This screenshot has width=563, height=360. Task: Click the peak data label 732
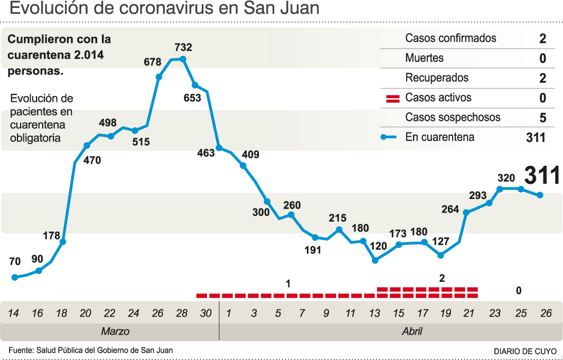183,48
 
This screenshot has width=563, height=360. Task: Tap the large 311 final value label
542,175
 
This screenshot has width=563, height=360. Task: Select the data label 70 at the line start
15,261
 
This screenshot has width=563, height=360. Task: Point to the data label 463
206,153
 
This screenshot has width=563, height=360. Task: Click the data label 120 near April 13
378,246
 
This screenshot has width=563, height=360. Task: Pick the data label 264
451,209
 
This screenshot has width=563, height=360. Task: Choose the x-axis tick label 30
206,314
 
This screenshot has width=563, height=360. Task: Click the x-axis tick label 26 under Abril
546,314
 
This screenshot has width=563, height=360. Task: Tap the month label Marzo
115,332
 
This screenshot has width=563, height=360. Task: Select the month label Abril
411,332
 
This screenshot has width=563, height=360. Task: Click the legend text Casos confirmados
451,38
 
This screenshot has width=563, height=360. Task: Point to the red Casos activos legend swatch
393,98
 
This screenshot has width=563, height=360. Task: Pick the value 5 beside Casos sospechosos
542,118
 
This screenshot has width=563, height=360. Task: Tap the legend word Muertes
424,58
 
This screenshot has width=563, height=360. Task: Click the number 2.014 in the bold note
87,55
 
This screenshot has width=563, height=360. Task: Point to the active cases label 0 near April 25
519,290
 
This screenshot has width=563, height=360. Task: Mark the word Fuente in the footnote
20,350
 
